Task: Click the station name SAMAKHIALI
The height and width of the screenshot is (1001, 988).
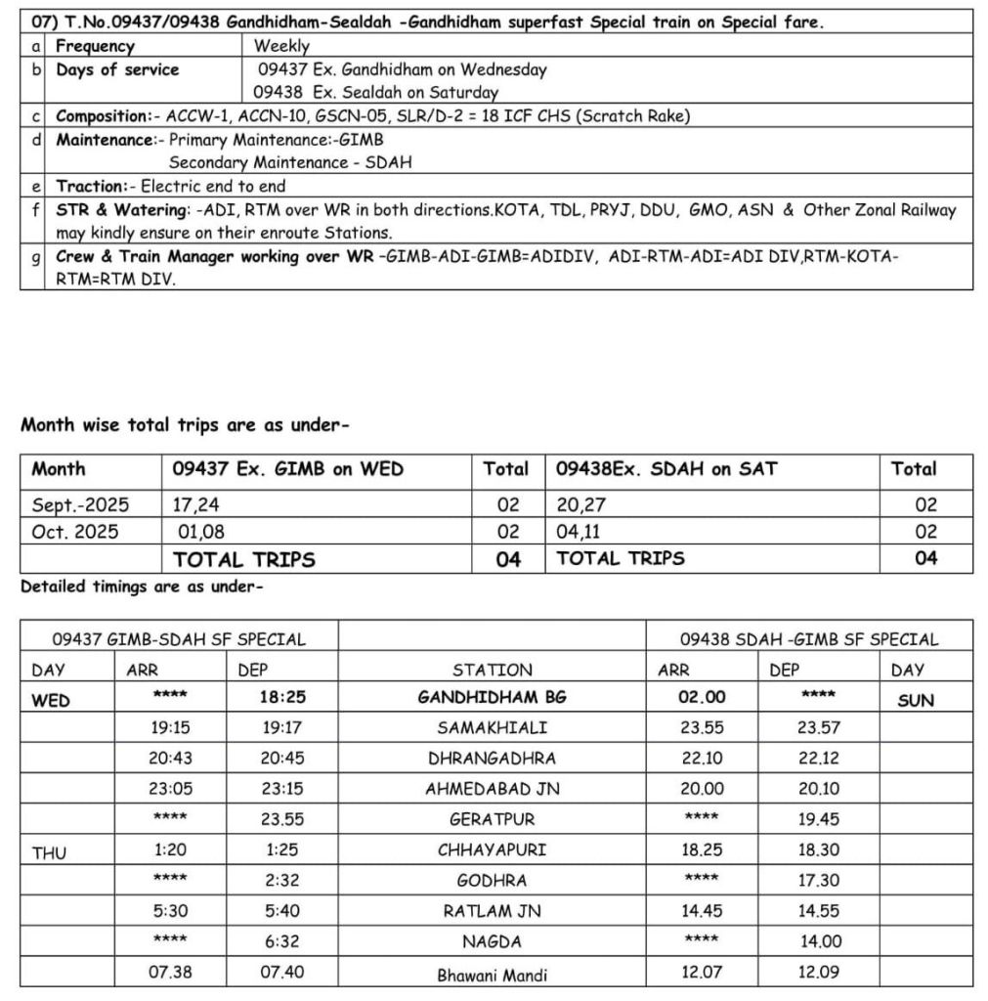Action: click(x=492, y=728)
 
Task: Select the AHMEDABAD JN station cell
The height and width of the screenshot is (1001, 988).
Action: click(x=492, y=789)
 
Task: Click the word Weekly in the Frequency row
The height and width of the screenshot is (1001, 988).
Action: click(x=281, y=46)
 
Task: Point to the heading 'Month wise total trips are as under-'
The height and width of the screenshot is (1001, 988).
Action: click(x=185, y=425)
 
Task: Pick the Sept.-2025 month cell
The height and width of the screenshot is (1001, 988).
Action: click(x=80, y=505)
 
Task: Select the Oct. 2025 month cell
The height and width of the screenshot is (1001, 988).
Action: click(x=75, y=532)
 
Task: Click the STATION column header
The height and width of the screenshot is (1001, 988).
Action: click(x=492, y=671)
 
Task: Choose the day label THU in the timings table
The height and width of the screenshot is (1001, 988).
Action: click(x=49, y=852)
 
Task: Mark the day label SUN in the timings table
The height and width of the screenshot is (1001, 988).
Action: click(x=915, y=700)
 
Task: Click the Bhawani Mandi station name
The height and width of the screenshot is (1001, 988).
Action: click(x=492, y=974)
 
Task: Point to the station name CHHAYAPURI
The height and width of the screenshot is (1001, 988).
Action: click(x=492, y=849)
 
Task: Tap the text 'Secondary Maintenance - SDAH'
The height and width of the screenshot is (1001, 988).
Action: click(x=289, y=162)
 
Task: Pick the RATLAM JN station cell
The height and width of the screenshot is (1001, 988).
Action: click(x=492, y=911)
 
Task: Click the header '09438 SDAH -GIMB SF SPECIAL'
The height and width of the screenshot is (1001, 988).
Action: click(x=808, y=640)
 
